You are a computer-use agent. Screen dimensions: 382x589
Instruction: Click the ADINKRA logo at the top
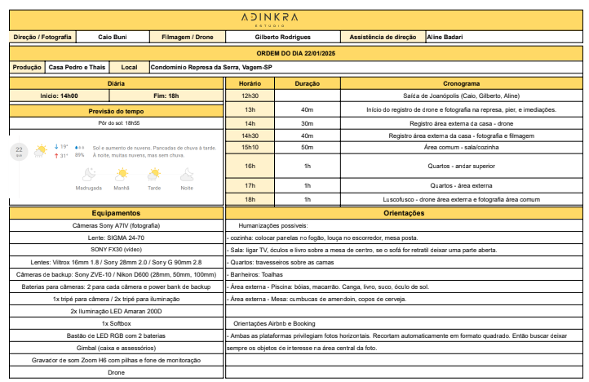click(294, 18)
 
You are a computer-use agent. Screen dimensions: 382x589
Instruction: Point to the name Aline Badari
click(446, 38)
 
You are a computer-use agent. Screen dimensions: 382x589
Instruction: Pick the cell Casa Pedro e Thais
click(76, 67)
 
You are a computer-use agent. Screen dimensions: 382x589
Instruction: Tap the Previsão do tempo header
click(116, 111)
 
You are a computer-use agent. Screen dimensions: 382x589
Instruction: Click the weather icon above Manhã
click(122, 174)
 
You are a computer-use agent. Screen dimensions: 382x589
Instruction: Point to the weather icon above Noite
click(187, 174)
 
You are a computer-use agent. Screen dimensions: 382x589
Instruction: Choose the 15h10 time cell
click(250, 147)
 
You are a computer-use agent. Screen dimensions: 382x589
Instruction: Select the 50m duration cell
click(307, 147)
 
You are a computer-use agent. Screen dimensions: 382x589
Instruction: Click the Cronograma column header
click(461, 84)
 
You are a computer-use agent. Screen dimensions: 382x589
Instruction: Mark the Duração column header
click(307, 84)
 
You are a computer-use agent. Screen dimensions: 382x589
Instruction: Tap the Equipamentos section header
click(116, 213)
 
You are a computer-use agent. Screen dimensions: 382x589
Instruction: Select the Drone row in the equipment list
click(116, 372)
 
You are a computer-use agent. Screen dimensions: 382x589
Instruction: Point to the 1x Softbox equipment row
click(116, 323)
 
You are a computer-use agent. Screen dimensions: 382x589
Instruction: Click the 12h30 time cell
click(250, 95)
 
